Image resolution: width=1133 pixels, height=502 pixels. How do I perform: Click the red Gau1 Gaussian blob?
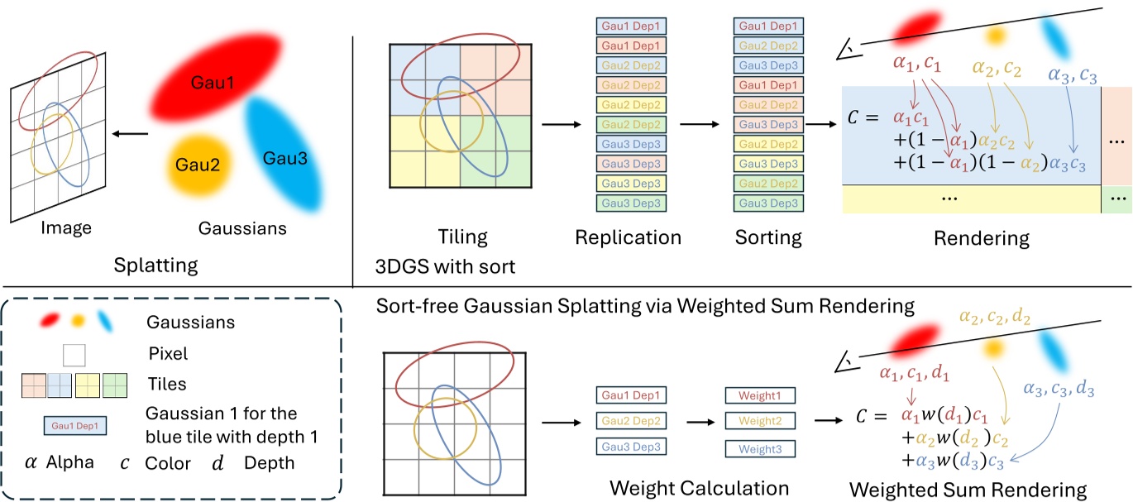(x=213, y=83)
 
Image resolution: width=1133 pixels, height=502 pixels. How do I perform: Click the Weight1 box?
(x=759, y=396)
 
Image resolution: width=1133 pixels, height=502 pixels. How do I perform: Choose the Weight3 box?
(x=759, y=450)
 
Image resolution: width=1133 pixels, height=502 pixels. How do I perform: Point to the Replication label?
(x=629, y=237)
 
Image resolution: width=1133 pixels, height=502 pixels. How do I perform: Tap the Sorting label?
(x=768, y=237)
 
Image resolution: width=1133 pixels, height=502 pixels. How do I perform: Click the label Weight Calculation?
(x=699, y=487)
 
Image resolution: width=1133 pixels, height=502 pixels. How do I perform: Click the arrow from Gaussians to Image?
(x=131, y=133)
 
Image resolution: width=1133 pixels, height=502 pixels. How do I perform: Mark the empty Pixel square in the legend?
(x=74, y=355)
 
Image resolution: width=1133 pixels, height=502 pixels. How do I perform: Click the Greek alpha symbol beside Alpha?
(x=31, y=463)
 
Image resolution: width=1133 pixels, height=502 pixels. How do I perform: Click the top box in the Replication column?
(x=629, y=27)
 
